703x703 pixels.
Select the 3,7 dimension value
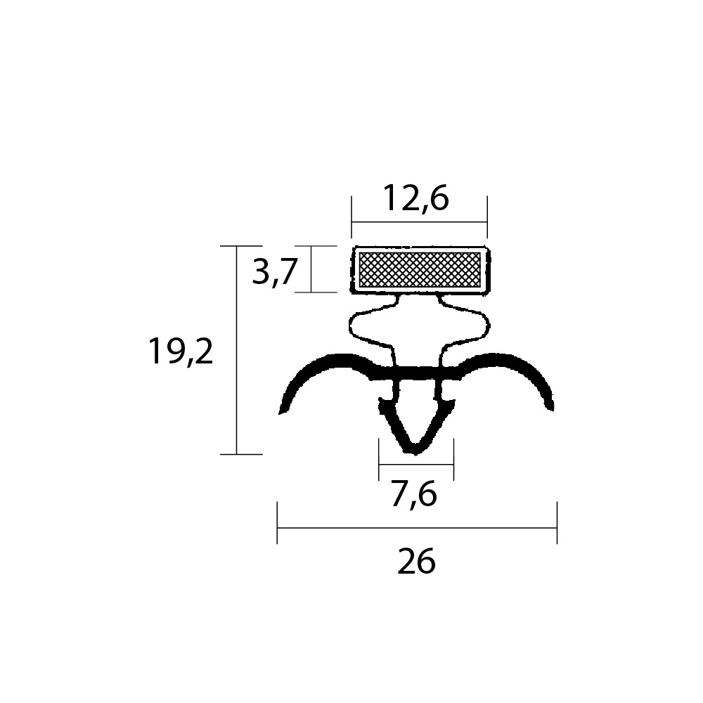(275, 271)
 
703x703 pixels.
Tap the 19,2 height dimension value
(181, 351)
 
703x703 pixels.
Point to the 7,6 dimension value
(414, 494)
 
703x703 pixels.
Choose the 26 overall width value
(416, 561)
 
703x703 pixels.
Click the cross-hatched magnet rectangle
(420, 269)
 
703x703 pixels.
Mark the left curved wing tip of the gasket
(282, 411)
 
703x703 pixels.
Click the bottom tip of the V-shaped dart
(415, 453)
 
